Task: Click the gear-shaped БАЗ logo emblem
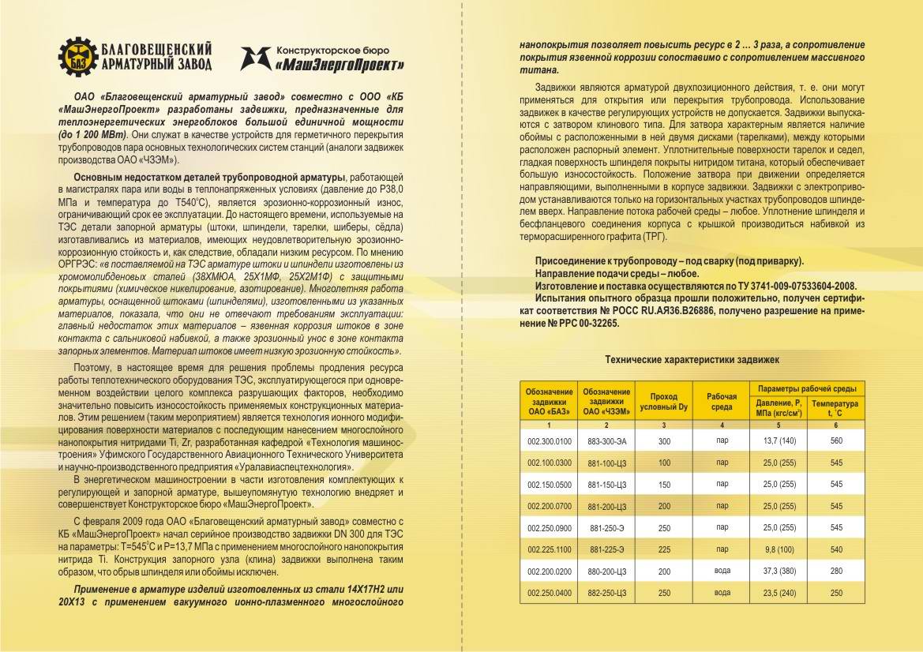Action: tap(77, 54)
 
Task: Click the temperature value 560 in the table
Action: tap(836, 441)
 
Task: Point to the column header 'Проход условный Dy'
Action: tap(663, 401)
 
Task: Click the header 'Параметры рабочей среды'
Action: tap(807, 388)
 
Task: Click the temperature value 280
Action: tap(836, 570)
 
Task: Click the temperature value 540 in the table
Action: tap(836, 549)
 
